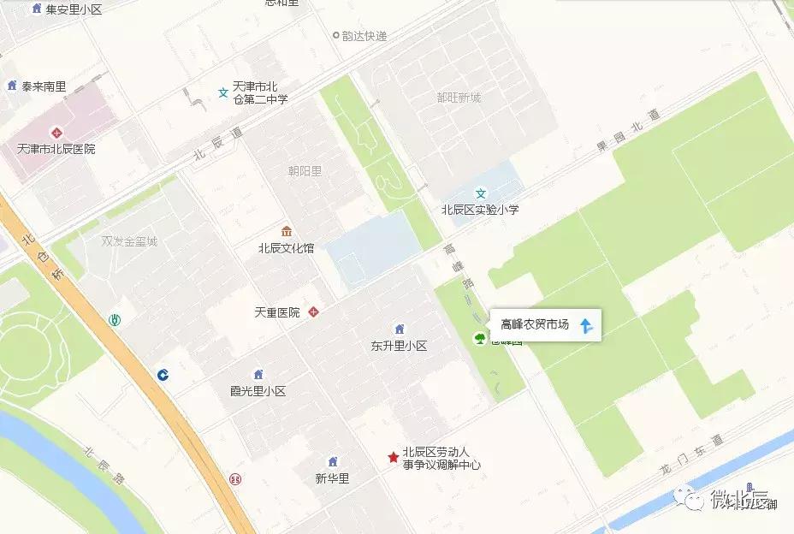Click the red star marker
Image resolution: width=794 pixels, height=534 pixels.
pyautogui.click(x=393, y=458)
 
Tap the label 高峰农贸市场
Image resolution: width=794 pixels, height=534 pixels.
pyautogui.click(x=534, y=325)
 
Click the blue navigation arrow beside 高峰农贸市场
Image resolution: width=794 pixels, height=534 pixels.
pyautogui.click(x=586, y=325)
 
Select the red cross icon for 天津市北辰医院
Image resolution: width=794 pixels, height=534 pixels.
pyautogui.click(x=56, y=133)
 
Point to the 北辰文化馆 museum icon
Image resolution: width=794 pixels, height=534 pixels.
pyautogui.click(x=286, y=232)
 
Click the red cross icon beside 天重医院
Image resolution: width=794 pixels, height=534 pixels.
pyautogui.click(x=314, y=312)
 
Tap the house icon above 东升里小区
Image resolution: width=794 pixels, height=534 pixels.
pyautogui.click(x=399, y=329)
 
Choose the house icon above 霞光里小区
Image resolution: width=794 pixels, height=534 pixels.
pyautogui.click(x=258, y=374)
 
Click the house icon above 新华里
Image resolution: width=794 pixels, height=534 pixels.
pyautogui.click(x=333, y=462)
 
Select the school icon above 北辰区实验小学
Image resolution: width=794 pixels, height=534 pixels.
pyautogui.click(x=481, y=193)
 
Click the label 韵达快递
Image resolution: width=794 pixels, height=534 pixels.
pyautogui.click(x=364, y=36)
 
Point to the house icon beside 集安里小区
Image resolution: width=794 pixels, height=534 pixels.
pyautogui.click(x=35, y=9)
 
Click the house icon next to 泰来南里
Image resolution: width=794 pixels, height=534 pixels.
pyautogui.click(x=12, y=86)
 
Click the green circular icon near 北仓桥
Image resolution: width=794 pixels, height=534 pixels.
pyautogui.click(x=114, y=320)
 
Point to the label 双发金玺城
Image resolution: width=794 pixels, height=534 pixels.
pyautogui.click(x=129, y=241)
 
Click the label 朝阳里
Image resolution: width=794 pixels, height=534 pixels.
pyautogui.click(x=305, y=171)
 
